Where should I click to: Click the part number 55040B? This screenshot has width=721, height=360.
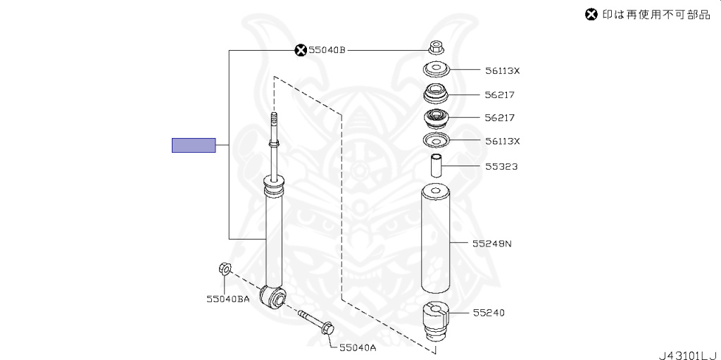(x=327, y=49)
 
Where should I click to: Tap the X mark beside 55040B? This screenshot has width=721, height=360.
(x=301, y=49)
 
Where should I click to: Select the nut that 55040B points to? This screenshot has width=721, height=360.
(x=435, y=49)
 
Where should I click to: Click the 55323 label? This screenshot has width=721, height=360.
(x=501, y=167)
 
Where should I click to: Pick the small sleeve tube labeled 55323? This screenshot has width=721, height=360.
(x=437, y=166)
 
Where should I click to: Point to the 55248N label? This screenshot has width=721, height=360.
(x=491, y=244)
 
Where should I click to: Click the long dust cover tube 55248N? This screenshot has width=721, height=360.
(x=437, y=240)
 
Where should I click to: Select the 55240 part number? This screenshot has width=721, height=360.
(x=489, y=312)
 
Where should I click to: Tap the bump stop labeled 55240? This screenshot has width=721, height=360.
(x=436, y=321)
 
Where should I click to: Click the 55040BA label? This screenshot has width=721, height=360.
(x=228, y=299)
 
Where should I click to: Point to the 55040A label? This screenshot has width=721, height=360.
(x=358, y=347)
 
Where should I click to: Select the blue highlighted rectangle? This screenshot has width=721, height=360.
(x=194, y=145)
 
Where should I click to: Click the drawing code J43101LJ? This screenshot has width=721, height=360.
(x=687, y=353)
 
